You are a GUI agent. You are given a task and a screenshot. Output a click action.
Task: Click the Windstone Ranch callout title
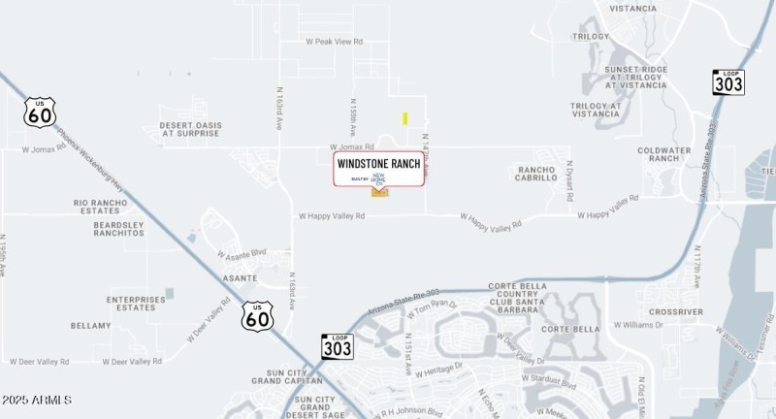click(x=379, y=164)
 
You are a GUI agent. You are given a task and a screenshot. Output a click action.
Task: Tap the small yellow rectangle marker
click(x=404, y=118)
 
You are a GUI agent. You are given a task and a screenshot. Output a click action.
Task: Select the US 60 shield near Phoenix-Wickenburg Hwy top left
click(x=40, y=113)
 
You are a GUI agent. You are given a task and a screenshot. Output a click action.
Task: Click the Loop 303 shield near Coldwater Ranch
click(x=728, y=82)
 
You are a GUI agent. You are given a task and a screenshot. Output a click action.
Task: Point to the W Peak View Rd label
click(x=334, y=42)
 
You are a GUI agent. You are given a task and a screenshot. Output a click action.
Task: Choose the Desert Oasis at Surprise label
click(x=192, y=129)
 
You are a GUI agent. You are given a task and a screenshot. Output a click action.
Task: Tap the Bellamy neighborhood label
click(x=91, y=326)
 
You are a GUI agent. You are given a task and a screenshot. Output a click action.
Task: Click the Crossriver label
click(x=676, y=311)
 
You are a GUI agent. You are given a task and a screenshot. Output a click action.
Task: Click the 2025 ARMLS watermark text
click(x=36, y=401)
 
